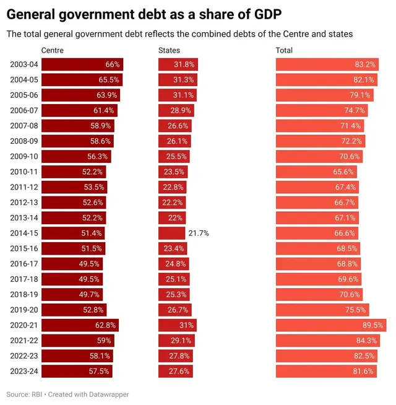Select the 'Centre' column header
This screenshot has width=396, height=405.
coord(52,50)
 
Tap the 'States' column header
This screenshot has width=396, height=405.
coord(170,50)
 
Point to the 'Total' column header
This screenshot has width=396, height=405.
coord(284,50)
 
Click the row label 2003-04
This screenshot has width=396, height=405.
coord(24,64)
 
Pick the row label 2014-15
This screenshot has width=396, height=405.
coord(24,233)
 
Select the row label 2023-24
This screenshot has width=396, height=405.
coord(24,372)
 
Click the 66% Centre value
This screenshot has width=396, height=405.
coord(113,64)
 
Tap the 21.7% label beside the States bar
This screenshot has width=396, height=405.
coord(199,233)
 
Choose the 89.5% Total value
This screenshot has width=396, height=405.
coord(373,325)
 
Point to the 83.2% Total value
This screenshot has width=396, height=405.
coord(365,64)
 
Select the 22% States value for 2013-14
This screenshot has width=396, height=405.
coord(176,218)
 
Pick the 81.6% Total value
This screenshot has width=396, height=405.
coord(363,372)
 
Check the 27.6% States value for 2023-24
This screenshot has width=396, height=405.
coord(179,372)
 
